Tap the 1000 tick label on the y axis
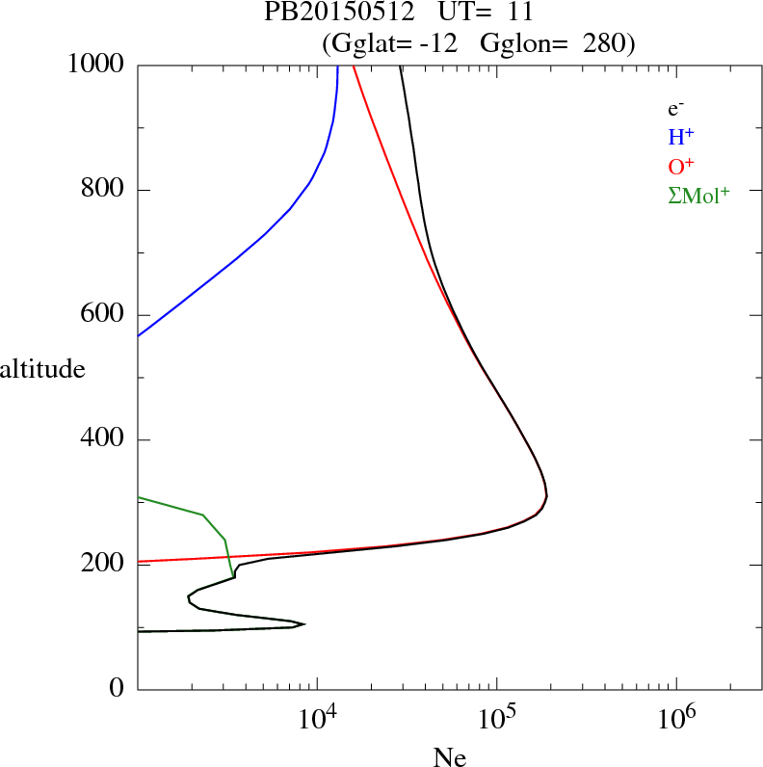point(96,65)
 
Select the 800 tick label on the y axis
point(104,190)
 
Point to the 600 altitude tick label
point(104,315)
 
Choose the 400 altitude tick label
point(104,440)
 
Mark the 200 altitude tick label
point(104,565)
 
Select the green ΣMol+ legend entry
point(698,195)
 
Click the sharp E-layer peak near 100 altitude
point(303,624)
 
